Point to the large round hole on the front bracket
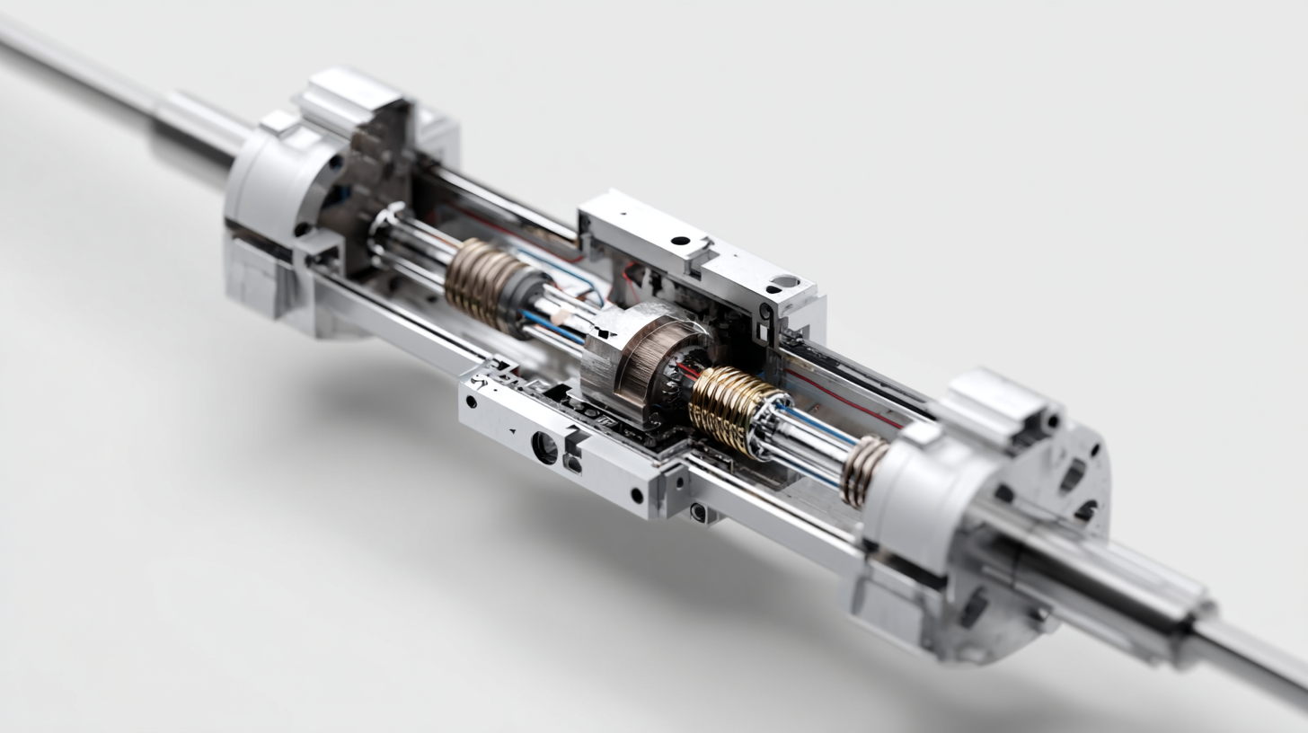click(544, 446)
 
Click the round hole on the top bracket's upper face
click(680, 241)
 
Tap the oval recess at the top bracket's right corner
click(784, 281)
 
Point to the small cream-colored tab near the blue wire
click(561, 315)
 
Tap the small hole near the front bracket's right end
click(636, 495)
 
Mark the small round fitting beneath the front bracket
click(698, 512)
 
